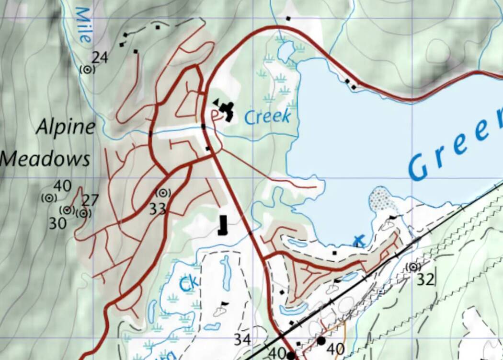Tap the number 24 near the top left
click(100, 58)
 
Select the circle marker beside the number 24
click(87, 70)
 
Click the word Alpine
click(66, 128)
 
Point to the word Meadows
click(46, 159)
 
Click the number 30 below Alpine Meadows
click(57, 223)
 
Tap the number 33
click(157, 209)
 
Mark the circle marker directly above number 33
click(163, 193)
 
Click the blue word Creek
click(267, 116)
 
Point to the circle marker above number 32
click(413, 267)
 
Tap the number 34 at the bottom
click(242, 340)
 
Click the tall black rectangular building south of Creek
click(222, 225)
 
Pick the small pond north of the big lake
click(286, 50)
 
